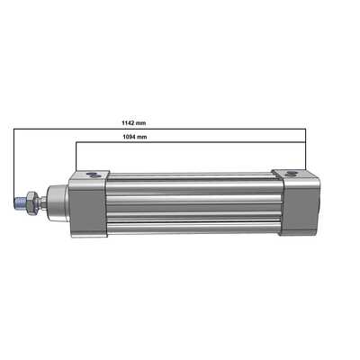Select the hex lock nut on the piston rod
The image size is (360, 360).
click(30, 202)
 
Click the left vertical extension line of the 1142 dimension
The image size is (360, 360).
click(13, 162)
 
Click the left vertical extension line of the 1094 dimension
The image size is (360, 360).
click(75, 155)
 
